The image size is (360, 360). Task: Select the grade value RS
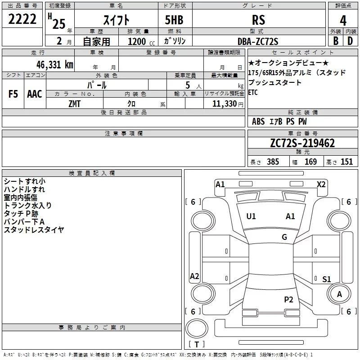click(x=258, y=20)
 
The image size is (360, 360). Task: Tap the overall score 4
click(x=343, y=20)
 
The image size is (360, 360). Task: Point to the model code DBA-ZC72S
click(x=258, y=41)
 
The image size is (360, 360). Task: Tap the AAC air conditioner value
click(x=35, y=94)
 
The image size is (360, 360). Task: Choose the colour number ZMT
click(x=75, y=103)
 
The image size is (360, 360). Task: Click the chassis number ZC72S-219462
click(x=302, y=143)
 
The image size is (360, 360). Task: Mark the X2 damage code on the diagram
click(x=321, y=184)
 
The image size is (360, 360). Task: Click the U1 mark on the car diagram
click(x=251, y=216)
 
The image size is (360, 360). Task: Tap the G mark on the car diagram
click(x=284, y=237)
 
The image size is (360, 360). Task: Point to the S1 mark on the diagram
click(x=327, y=279)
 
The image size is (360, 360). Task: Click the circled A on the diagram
click(x=339, y=294)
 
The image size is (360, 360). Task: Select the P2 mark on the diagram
click(x=288, y=299)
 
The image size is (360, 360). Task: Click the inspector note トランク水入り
click(x=28, y=205)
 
